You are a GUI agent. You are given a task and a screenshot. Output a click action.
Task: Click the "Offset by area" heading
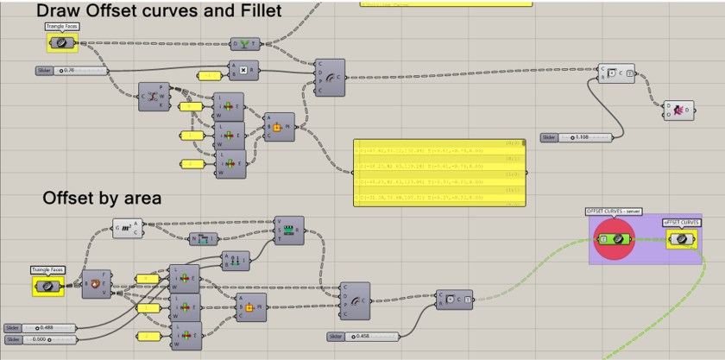[102, 199]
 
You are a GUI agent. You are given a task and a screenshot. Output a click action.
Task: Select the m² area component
[128, 228]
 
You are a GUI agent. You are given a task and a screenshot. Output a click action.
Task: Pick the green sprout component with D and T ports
[245, 43]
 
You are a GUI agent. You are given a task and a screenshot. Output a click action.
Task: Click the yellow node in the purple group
[681, 238]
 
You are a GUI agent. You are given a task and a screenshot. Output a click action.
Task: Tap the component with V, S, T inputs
[289, 231]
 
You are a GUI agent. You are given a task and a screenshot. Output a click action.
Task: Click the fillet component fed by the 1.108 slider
[616, 73]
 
